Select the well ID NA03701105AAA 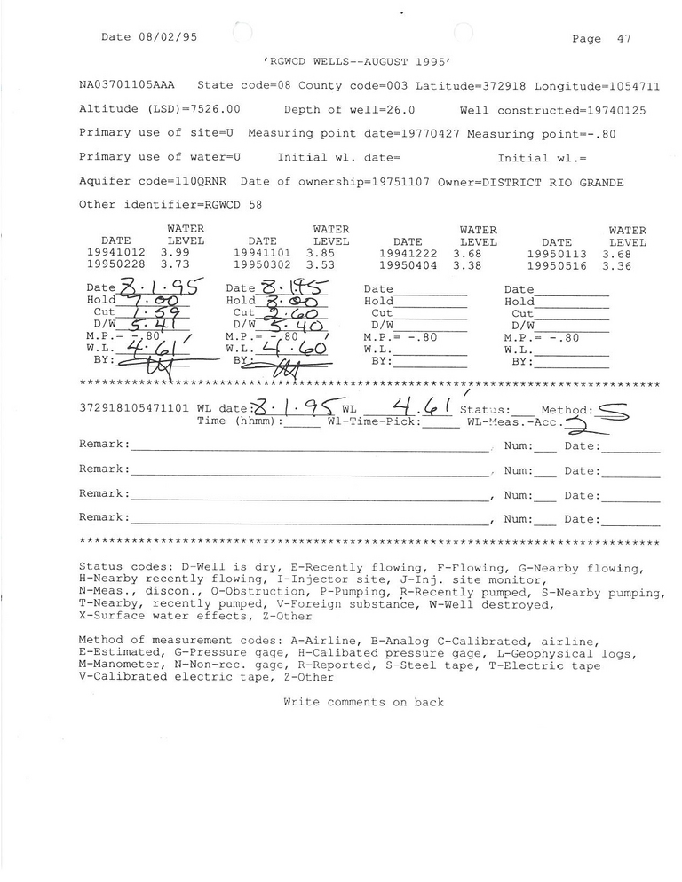[x=127, y=86]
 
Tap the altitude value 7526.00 [x=205, y=110]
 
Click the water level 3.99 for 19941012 [x=175, y=253]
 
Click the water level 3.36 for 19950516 [x=619, y=264]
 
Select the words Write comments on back [x=363, y=702]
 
